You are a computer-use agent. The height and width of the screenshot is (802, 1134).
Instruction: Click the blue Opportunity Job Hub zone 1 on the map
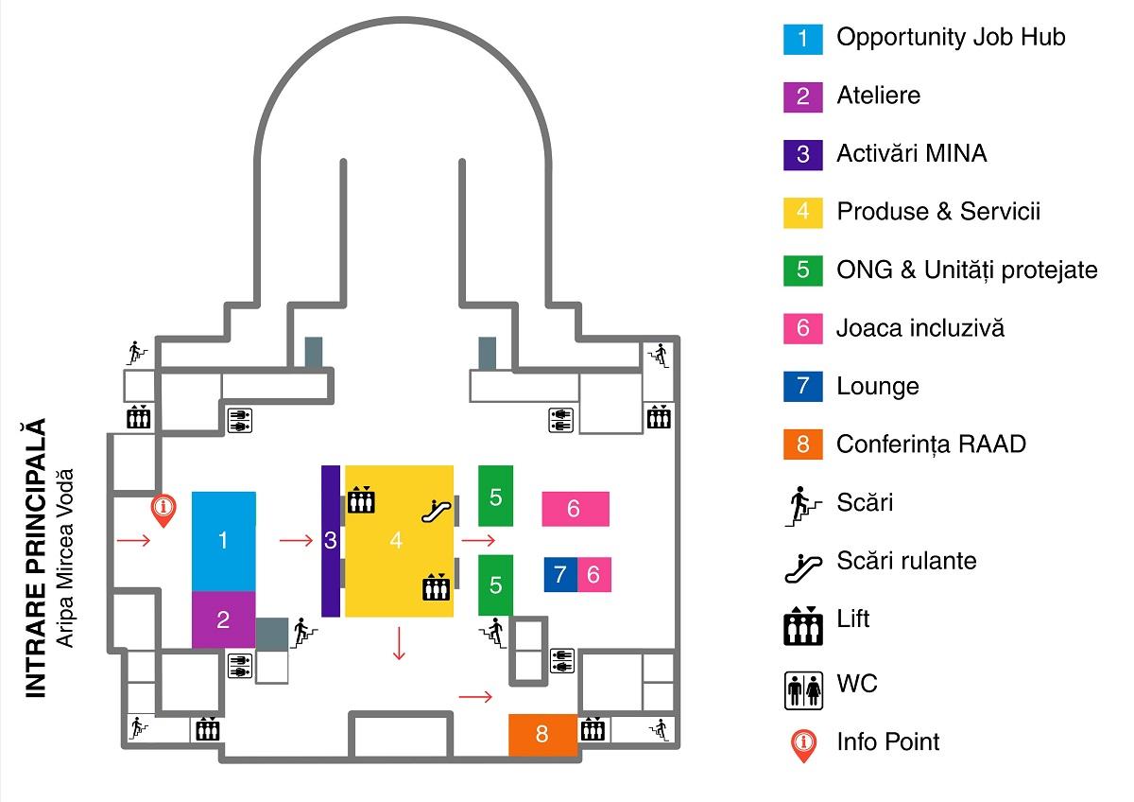223,541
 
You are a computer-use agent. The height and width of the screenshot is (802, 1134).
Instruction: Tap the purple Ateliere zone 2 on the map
223,619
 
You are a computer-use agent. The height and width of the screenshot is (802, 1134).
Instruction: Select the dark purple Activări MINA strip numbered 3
330,541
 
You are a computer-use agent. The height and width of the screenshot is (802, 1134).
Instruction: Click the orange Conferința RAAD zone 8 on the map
542,734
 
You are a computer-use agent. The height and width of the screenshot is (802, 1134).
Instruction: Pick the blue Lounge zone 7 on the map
560,574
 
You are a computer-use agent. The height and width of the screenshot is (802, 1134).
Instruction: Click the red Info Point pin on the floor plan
164,510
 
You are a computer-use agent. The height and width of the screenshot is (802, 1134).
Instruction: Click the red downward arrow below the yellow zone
399,642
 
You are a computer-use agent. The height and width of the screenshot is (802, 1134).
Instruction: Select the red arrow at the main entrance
133,541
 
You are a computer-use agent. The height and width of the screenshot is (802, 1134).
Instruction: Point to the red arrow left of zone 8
475,697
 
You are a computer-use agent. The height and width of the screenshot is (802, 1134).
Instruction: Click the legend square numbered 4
802,212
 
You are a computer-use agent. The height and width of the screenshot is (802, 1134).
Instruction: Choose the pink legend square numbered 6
802,328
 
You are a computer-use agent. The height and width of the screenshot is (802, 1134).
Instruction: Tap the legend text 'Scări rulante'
906,561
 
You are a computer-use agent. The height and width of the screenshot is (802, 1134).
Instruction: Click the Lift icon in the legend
802,624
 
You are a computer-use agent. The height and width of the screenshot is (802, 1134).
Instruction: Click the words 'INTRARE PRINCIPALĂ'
36,558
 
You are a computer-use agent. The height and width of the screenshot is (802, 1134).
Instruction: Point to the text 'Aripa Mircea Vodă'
64,558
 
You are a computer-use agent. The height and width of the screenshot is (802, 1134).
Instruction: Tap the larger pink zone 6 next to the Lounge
575,509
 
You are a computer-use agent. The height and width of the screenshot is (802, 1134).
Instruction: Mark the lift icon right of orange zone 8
593,729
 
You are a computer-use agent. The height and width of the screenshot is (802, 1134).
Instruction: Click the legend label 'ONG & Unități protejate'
967,270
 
